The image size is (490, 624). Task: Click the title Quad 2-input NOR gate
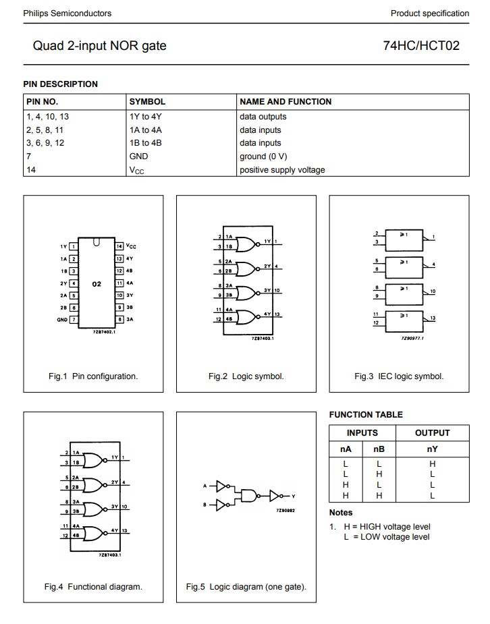(x=99, y=46)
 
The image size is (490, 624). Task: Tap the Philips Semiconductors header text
(x=67, y=13)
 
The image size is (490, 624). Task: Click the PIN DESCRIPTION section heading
(x=61, y=84)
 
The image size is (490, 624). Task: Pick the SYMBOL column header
(x=147, y=102)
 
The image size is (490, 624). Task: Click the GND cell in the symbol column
(x=138, y=157)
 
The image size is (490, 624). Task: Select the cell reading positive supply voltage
(x=282, y=170)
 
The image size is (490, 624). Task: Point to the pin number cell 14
(x=31, y=170)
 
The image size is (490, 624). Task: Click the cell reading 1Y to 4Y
(x=145, y=117)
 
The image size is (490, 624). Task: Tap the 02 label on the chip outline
(x=97, y=284)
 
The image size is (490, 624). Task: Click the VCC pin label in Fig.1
(x=131, y=247)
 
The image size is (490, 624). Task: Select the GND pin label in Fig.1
(x=62, y=320)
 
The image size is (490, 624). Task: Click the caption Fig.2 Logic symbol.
(x=246, y=376)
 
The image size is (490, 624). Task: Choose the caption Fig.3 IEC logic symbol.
(x=399, y=376)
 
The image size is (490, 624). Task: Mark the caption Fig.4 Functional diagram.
(x=93, y=587)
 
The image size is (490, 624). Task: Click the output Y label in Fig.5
(x=294, y=496)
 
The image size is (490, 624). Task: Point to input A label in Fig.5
(x=205, y=486)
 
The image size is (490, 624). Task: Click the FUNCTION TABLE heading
(x=366, y=415)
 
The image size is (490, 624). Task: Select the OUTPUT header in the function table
(x=432, y=433)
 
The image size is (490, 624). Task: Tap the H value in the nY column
(x=432, y=464)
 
